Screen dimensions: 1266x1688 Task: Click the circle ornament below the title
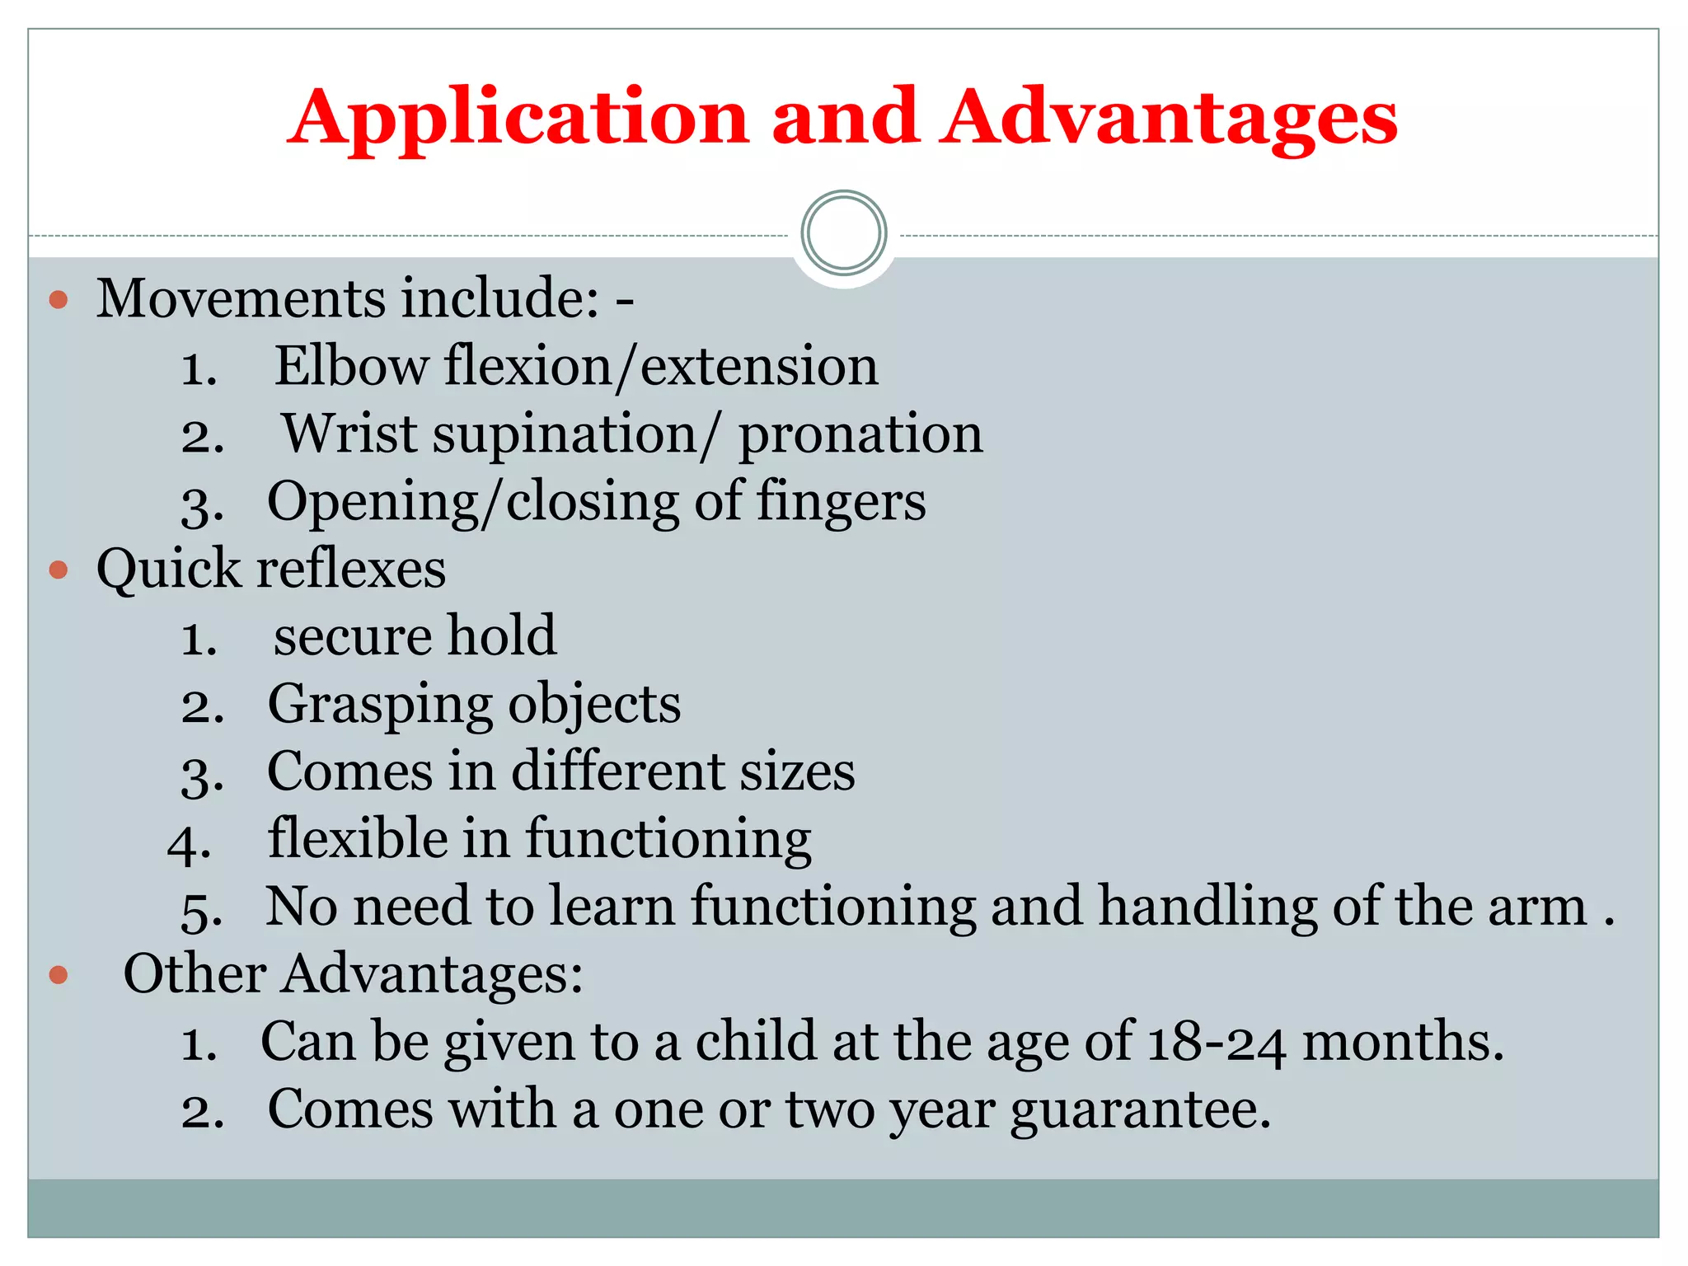pos(843,233)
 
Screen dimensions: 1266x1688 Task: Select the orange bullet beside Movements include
pos(59,299)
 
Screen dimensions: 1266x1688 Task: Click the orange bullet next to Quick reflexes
pos(59,570)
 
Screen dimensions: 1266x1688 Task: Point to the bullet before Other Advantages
pos(59,975)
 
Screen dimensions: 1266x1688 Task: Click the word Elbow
pos(349,366)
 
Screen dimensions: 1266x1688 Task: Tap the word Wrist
pos(349,434)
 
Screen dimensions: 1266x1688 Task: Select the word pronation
pos(860,435)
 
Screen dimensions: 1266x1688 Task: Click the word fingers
pos(841,503)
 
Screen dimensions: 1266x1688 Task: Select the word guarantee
pos(1141,1111)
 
